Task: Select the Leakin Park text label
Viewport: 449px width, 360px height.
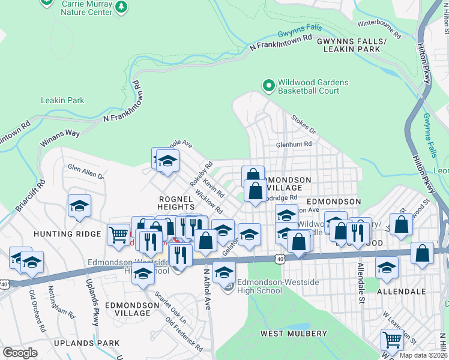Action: [62, 100]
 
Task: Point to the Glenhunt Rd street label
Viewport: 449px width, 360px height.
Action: [294, 144]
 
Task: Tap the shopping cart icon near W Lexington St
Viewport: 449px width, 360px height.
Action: [392, 340]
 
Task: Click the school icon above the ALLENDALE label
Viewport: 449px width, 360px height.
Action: [387, 268]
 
